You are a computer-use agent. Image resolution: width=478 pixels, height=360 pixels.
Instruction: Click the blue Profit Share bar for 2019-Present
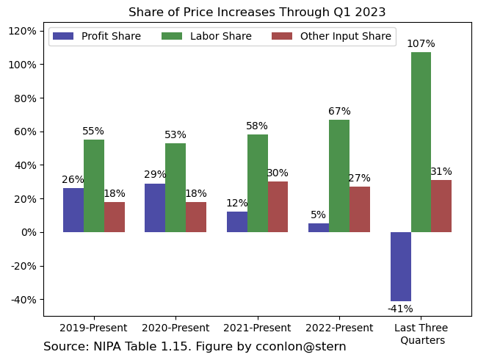[x=73, y=210]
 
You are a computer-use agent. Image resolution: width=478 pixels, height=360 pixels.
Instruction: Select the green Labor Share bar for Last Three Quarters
[x=421, y=142]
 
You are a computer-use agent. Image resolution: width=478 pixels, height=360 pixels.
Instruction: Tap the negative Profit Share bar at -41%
[x=400, y=267]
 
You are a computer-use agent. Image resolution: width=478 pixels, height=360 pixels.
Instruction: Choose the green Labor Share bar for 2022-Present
[x=339, y=176]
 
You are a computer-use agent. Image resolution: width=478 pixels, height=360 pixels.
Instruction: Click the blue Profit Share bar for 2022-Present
[x=319, y=228]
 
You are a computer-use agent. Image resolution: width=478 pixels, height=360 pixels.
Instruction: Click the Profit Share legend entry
[x=96, y=36]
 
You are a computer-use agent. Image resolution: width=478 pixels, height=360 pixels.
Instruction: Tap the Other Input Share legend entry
[x=331, y=36]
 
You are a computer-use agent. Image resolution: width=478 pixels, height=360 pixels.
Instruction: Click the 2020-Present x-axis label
[x=175, y=328]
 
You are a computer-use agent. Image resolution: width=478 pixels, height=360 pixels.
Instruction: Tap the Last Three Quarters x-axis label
[x=421, y=334]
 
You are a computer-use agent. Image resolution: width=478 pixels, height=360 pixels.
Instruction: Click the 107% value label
[x=421, y=43]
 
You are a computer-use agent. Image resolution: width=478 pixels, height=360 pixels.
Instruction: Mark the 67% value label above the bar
[x=339, y=111]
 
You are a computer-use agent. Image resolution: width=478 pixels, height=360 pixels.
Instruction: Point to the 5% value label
[x=318, y=215]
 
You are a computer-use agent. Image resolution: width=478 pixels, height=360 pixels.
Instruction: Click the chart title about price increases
[x=257, y=12]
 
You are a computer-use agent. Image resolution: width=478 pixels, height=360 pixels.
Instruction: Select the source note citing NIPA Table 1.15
[x=195, y=346]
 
